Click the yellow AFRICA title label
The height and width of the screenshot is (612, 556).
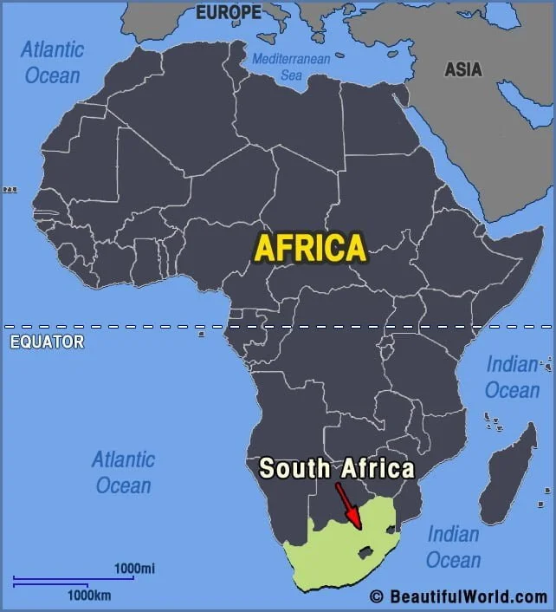pos(309,249)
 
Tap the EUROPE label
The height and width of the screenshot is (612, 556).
pos(228,12)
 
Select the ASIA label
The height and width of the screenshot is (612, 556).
pos(462,70)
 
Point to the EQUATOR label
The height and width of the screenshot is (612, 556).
pos(47,342)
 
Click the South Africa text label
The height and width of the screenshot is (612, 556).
pos(337,469)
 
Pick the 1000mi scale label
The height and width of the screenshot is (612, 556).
pos(134,569)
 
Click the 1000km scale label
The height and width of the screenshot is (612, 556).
pos(90,596)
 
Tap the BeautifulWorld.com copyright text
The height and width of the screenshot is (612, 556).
pos(458,596)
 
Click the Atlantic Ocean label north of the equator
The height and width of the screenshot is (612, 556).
pos(52,62)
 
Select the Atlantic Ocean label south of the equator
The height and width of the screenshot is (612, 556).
pos(124,472)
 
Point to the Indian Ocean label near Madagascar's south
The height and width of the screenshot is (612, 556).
pos(453,546)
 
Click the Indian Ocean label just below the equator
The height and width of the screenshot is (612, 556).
pos(512,377)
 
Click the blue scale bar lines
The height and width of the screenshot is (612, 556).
pos(74,581)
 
